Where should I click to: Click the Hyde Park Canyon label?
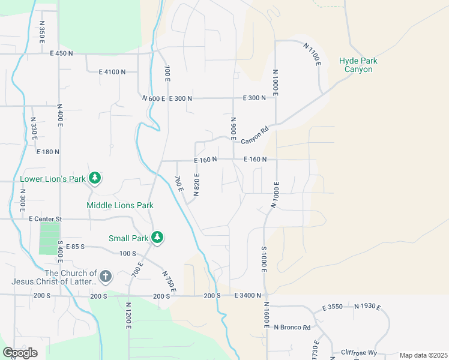358,65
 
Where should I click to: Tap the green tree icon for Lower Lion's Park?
94,178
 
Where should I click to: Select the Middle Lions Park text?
120,205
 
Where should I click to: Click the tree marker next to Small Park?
157,237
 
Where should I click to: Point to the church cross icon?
105,276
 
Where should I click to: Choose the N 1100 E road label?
312,55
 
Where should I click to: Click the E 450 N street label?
61,53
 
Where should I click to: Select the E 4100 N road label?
112,72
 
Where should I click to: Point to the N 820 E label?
197,184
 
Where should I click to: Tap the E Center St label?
46,219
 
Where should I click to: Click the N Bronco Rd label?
292,328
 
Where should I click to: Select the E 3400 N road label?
248,295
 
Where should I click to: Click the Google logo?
20,353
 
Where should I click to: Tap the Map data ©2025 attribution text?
423,355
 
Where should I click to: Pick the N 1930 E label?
367,307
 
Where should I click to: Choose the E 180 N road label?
47,152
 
